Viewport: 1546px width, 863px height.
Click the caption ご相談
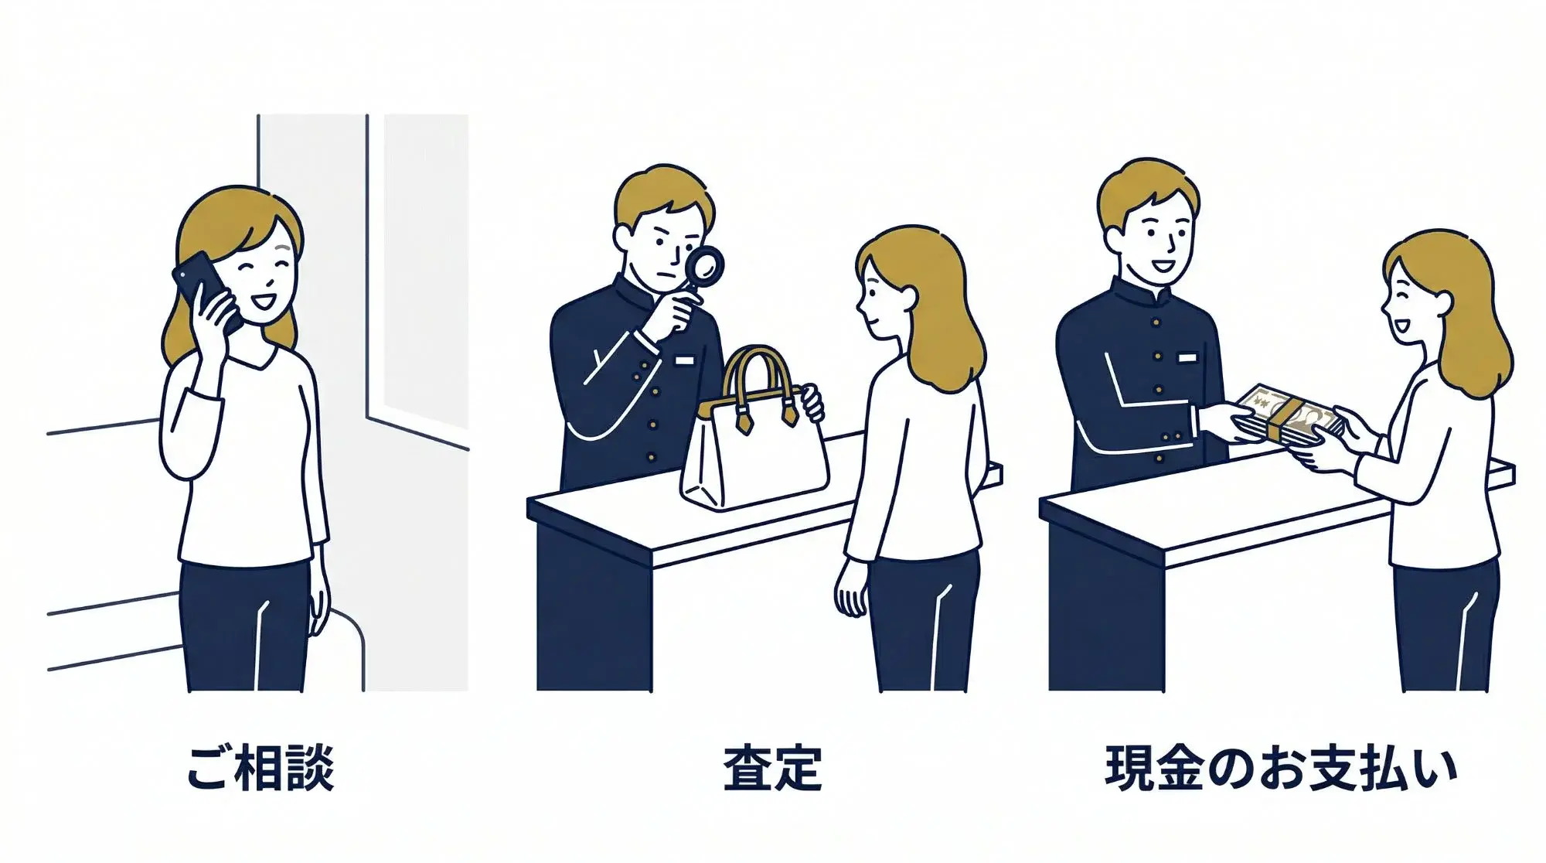point(261,768)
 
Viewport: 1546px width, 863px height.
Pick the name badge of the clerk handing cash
point(1187,357)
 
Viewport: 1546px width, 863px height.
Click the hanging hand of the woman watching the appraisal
point(851,590)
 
